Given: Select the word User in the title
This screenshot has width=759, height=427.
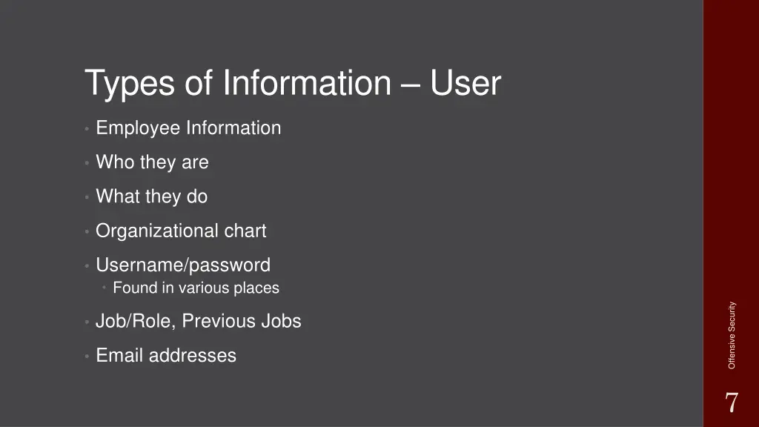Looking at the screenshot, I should tap(466, 84).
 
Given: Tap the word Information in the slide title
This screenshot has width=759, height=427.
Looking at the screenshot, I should tap(306, 84).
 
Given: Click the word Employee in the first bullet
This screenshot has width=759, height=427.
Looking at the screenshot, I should tap(138, 128).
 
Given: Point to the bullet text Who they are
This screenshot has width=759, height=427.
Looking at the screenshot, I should tap(152, 162).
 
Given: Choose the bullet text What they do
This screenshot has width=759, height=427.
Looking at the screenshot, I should tap(151, 196).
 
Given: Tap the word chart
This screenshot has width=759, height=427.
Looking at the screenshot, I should tap(245, 231).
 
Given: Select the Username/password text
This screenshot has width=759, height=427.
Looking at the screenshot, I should tap(183, 265).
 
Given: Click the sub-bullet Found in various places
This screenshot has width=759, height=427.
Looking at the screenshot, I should tap(196, 288).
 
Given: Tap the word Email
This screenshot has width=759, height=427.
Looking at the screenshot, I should tap(119, 356).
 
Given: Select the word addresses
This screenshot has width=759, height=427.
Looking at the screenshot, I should tap(192, 356).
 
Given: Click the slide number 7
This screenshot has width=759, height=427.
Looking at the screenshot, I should tap(731, 403).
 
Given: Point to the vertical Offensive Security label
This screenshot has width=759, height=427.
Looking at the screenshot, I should tap(732, 335).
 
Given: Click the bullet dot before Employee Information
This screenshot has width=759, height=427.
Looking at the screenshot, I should tap(87, 129).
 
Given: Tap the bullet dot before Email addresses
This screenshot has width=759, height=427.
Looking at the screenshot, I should tap(87, 357).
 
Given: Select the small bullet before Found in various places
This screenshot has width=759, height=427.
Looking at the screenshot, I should tap(106, 288).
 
